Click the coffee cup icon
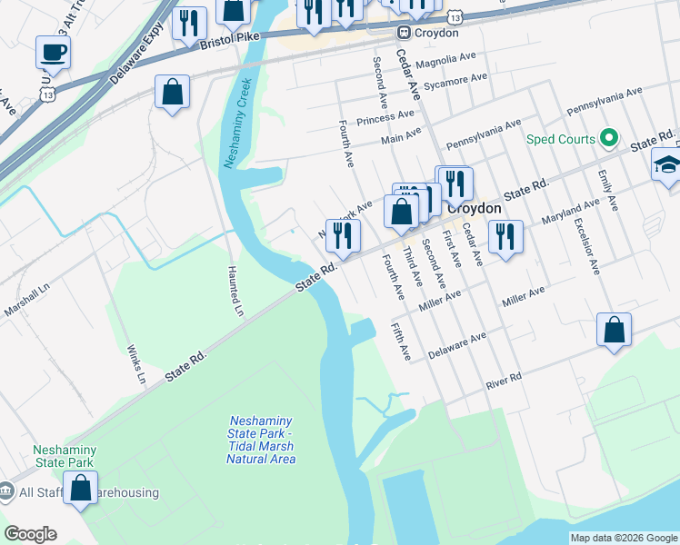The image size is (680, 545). pyautogui.click(x=53, y=52)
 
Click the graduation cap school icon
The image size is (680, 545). pyautogui.click(x=667, y=165)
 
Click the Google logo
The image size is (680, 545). pyautogui.click(x=30, y=534)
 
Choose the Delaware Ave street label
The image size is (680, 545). pyautogui.click(x=459, y=344)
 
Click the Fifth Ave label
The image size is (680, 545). pyautogui.click(x=401, y=341)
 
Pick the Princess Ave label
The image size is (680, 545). pyautogui.click(x=385, y=117)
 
